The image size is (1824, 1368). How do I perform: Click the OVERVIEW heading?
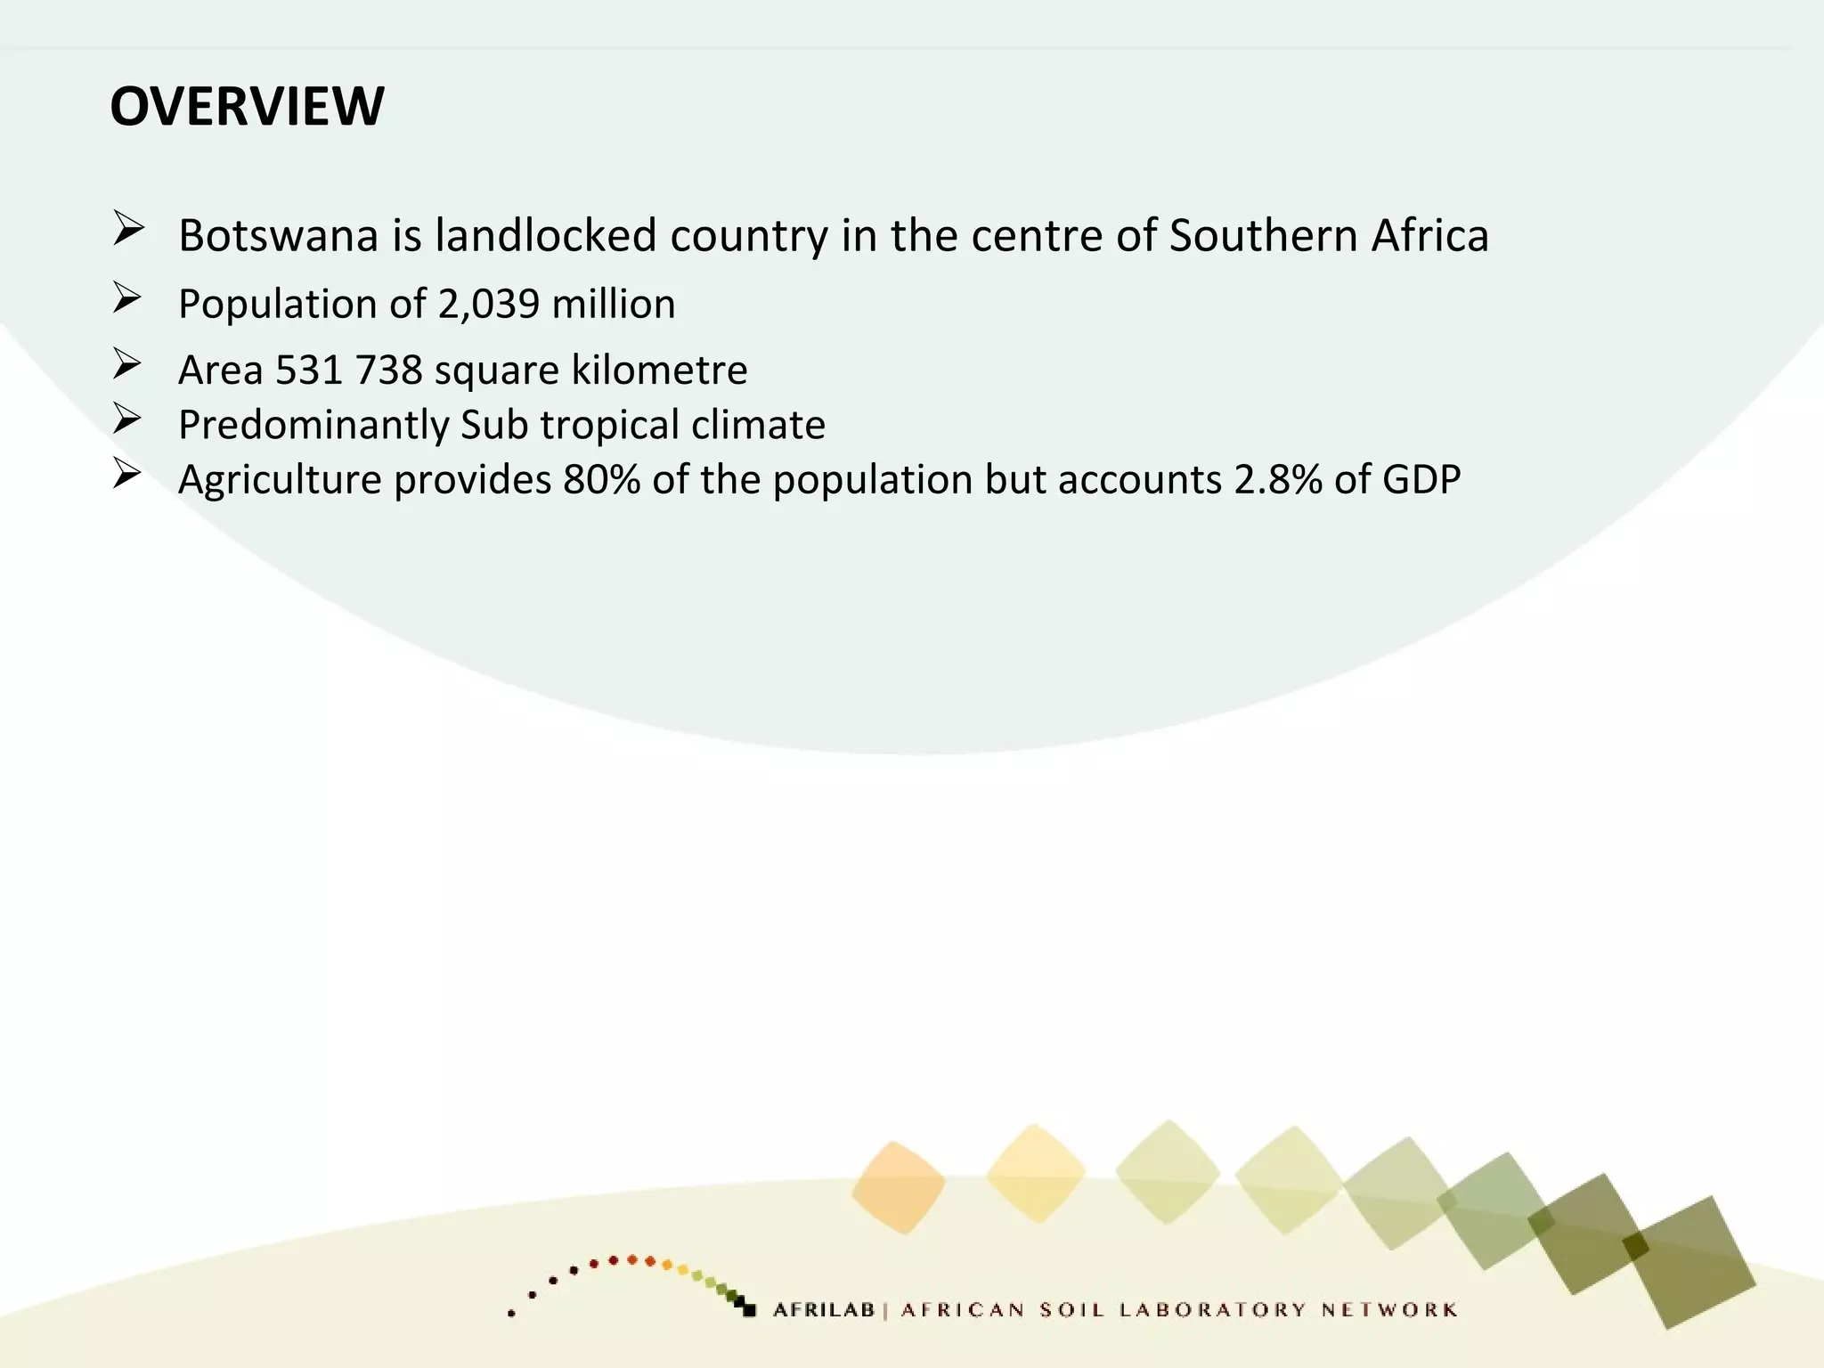247,106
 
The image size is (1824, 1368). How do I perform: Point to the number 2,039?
489,305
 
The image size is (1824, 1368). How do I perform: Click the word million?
614,305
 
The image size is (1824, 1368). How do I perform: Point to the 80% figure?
601,480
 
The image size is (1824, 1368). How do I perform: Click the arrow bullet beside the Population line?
127,298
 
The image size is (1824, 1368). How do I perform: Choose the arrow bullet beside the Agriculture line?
127,474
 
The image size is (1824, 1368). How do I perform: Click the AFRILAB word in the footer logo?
824,1310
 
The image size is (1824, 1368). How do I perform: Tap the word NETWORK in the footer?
1389,1310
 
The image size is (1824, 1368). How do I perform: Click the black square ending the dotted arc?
749,1310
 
